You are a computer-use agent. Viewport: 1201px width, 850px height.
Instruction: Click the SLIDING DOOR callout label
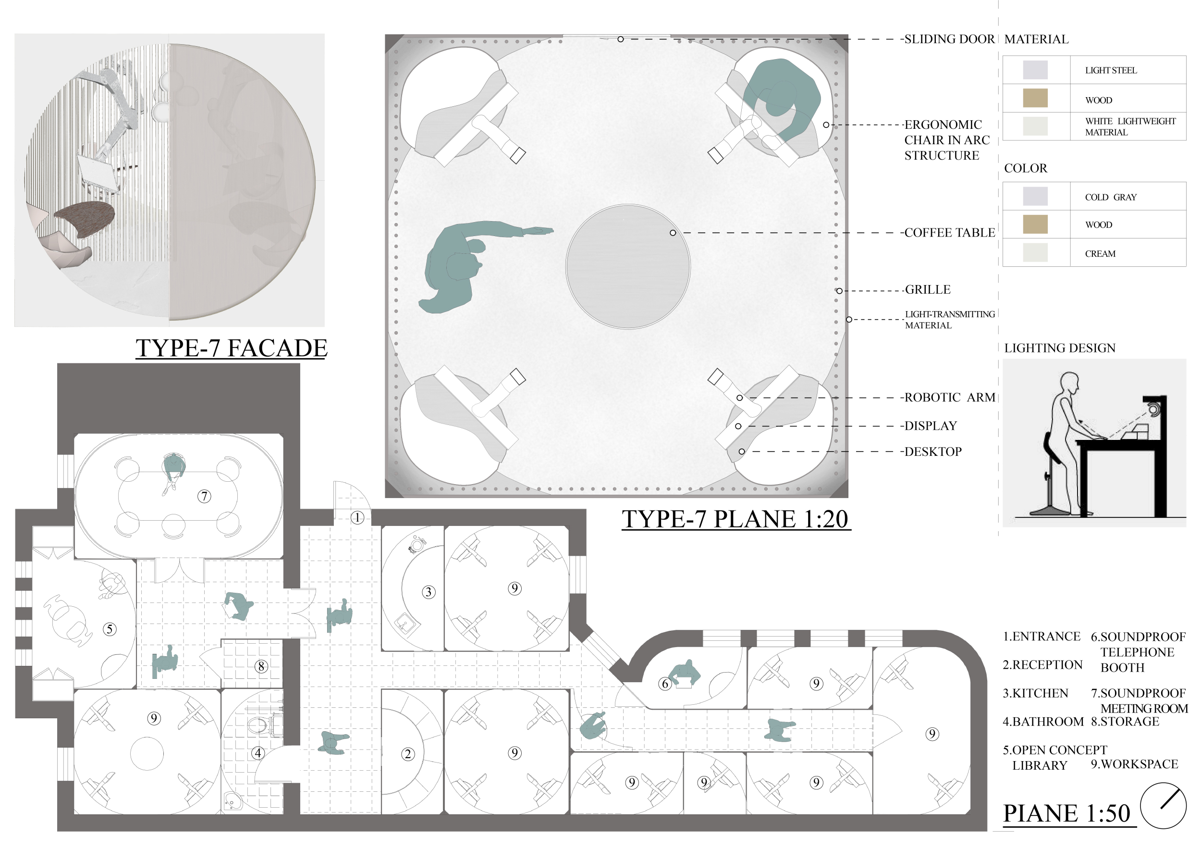pos(949,39)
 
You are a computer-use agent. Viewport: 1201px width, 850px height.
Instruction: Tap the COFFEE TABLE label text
pos(949,233)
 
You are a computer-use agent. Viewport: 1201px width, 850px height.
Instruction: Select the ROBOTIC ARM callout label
pos(949,398)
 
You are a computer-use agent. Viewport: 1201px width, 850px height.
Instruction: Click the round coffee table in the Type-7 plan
pos(628,266)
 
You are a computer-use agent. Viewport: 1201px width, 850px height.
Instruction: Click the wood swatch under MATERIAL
pos(1035,98)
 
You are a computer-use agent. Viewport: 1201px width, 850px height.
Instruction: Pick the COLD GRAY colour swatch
pos(1035,196)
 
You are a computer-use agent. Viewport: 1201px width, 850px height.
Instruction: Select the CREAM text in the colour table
pos(1100,254)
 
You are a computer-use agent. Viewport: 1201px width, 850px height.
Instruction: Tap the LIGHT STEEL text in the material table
pos(1111,70)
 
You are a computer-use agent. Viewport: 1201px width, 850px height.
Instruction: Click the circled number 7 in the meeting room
pos(204,496)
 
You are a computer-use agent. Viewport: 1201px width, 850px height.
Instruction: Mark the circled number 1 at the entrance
pos(357,518)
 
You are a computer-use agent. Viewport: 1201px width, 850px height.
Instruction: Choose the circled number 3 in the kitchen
pos(429,592)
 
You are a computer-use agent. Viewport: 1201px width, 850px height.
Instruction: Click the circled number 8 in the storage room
pos(261,666)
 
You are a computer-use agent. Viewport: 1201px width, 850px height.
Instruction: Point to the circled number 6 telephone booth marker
pos(665,684)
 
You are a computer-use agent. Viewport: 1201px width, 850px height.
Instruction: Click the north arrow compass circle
pos(1163,805)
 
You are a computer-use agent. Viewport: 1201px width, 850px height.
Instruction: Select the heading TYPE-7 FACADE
pos(231,348)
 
